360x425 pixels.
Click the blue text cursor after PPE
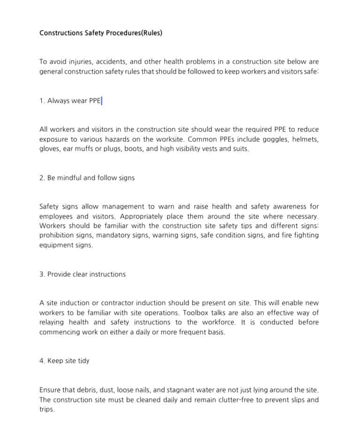pyautogui.click(x=102, y=101)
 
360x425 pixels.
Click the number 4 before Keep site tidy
pyautogui.click(x=42, y=361)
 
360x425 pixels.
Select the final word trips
pyautogui.click(x=46, y=410)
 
